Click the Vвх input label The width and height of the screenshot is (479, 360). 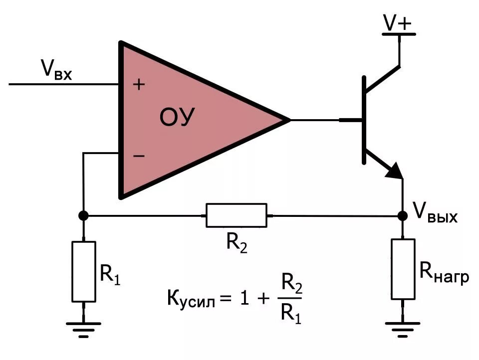[56, 70]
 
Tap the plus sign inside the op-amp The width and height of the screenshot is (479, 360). [139, 84]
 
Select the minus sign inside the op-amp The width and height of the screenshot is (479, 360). [139, 156]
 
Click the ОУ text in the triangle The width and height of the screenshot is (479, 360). [177, 117]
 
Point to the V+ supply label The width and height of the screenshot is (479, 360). [398, 22]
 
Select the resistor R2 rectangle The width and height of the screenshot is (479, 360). [237, 215]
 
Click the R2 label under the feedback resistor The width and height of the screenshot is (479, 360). [237, 243]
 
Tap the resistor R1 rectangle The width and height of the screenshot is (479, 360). [84, 271]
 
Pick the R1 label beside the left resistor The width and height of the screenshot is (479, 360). [110, 275]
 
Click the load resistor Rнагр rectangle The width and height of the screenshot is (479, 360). [403, 269]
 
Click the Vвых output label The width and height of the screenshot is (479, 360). [435, 212]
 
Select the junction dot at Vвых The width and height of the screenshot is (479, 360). [403, 216]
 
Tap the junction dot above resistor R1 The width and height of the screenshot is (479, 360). [83, 215]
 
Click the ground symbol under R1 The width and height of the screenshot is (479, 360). [84, 330]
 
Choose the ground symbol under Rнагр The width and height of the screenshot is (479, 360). [403, 329]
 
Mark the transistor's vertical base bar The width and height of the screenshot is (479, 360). [364, 120]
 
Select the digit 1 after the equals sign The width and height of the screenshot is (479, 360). [244, 298]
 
